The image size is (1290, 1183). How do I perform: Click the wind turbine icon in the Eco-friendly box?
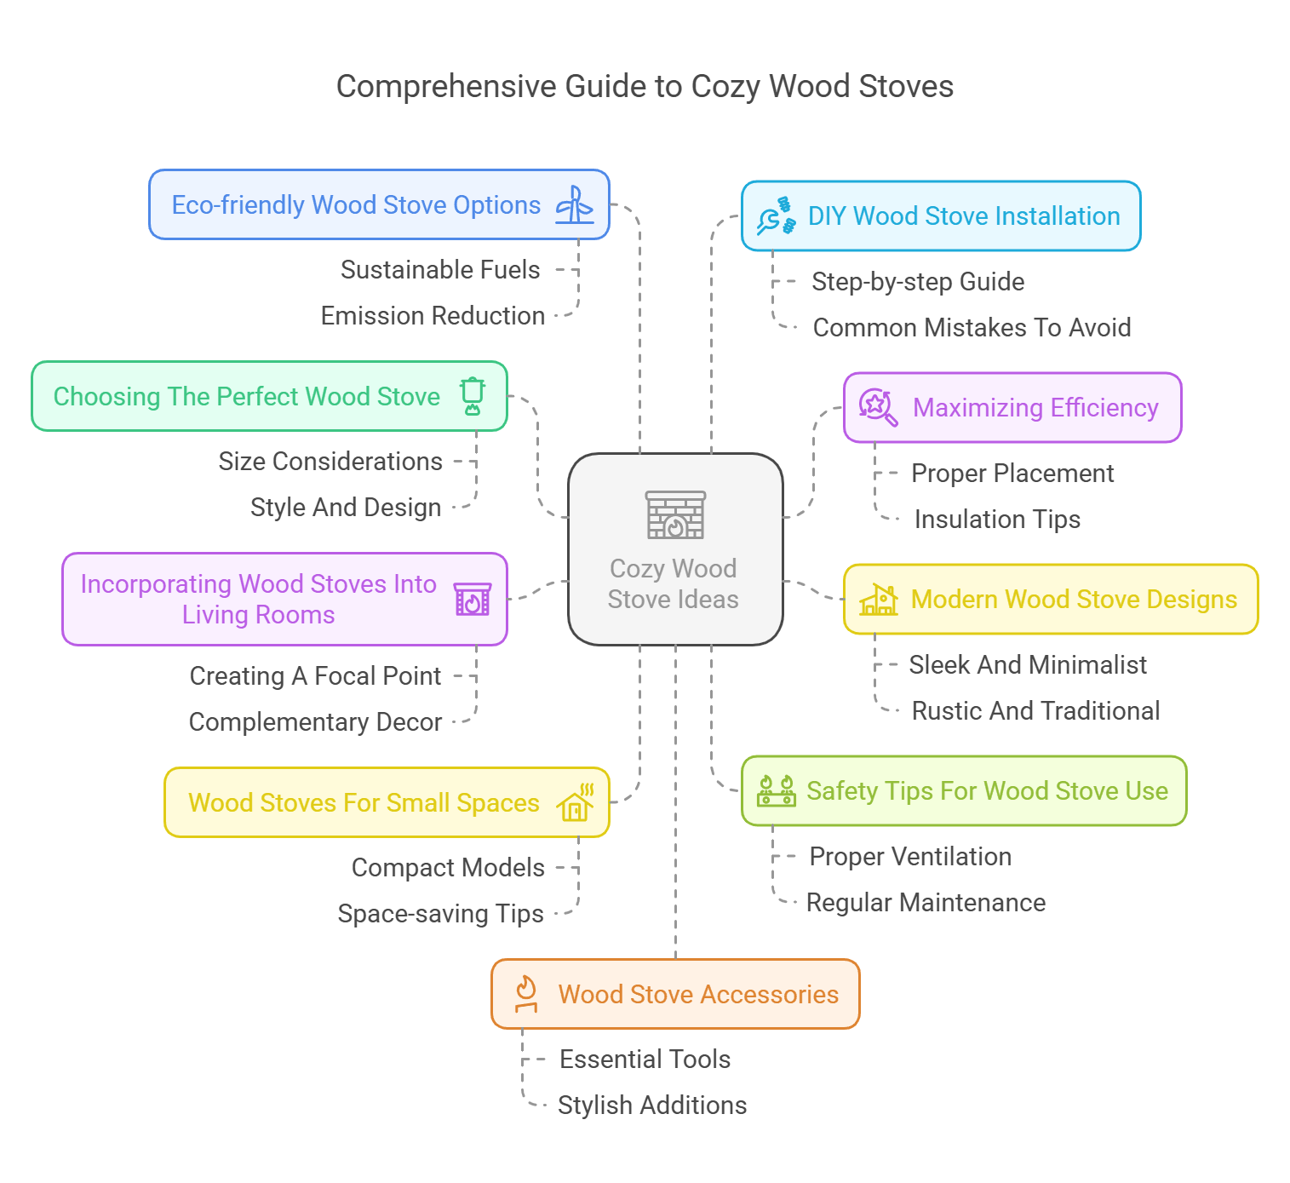(575, 205)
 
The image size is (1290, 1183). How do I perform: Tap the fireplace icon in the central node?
(675, 515)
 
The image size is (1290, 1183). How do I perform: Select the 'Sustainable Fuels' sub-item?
(440, 270)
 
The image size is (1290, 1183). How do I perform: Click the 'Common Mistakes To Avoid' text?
(972, 328)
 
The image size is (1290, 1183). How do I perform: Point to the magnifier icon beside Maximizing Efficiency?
(877, 407)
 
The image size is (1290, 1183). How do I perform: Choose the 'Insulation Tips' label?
(996, 520)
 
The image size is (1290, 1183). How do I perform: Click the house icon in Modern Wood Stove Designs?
(879, 600)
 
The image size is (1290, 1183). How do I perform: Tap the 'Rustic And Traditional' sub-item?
(1035, 711)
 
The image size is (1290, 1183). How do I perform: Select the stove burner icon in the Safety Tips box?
(776, 791)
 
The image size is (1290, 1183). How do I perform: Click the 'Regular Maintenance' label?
(926, 903)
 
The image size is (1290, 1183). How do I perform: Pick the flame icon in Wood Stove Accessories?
(526, 994)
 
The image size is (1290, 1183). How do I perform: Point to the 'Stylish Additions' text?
(651, 1105)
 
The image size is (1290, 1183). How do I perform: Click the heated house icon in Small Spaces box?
(576, 802)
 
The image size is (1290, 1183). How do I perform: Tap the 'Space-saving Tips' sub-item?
(440, 914)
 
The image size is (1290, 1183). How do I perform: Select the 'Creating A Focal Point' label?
(315, 676)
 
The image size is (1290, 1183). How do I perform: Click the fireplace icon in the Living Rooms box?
(472, 600)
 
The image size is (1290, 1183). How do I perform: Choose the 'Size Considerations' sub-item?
(330, 462)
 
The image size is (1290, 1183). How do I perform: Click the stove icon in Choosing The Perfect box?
(473, 396)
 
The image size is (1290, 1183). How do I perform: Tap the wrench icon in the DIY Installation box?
(775, 216)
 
